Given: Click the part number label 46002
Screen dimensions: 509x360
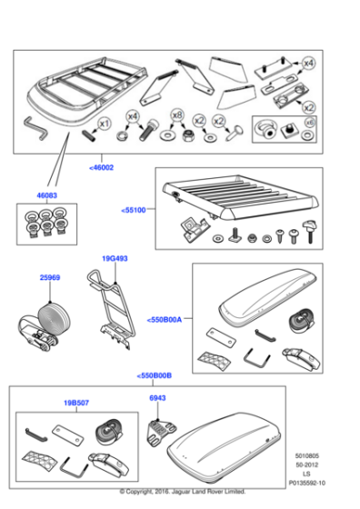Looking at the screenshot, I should coord(102,166).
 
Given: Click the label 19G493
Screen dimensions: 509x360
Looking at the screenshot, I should coord(115,258).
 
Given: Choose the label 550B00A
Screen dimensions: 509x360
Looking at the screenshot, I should coord(164,319).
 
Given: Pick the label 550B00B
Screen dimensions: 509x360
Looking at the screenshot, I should coord(154,374).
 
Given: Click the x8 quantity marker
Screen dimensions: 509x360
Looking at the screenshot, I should coord(177,116).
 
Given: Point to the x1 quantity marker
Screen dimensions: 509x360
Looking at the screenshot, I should coord(104,123).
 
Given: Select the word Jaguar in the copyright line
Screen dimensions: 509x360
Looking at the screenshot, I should coord(199,500).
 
